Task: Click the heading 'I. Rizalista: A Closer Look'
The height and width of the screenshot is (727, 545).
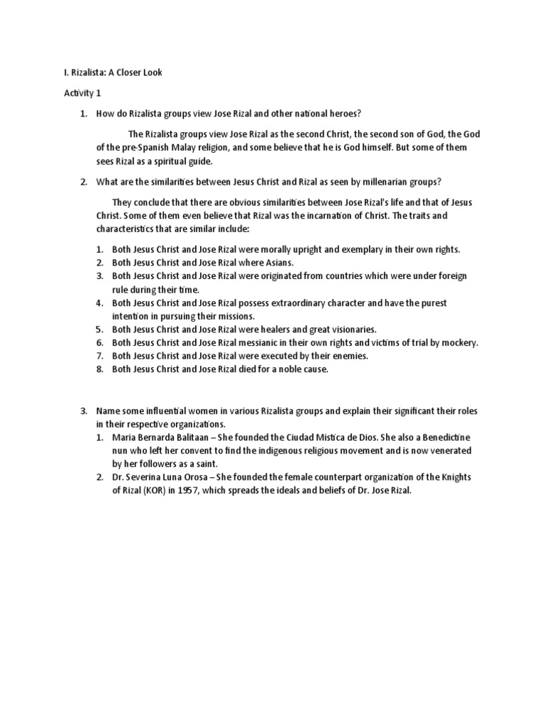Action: [x=113, y=73]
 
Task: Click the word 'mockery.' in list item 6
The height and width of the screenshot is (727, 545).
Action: [x=460, y=343]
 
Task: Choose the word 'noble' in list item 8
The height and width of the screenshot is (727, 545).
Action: [x=284, y=370]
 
